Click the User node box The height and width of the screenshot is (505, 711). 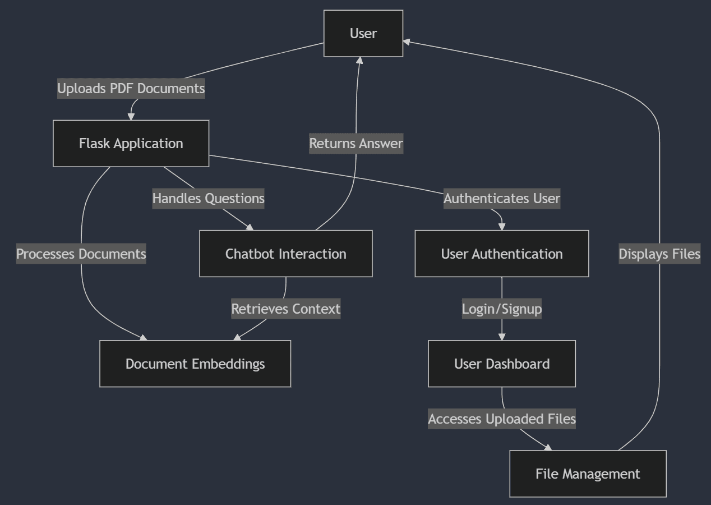[x=363, y=34]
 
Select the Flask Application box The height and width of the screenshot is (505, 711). [x=131, y=144]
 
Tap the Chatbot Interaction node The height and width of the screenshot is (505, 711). [x=285, y=254]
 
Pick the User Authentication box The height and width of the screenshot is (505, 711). [x=501, y=254]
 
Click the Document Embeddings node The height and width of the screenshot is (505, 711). [x=195, y=364]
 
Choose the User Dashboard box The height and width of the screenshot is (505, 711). [x=501, y=364]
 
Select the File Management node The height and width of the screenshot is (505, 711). [x=588, y=474]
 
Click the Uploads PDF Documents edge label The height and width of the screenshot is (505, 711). [x=131, y=89]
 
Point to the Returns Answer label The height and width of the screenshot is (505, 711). [x=356, y=144]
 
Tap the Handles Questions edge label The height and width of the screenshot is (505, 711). [x=208, y=199]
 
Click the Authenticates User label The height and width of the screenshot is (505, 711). [x=501, y=199]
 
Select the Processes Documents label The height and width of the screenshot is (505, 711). [x=81, y=254]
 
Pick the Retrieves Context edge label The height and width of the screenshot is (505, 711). [x=285, y=309]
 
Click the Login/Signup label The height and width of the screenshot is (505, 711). [x=501, y=309]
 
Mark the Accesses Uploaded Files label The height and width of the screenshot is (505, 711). [x=501, y=419]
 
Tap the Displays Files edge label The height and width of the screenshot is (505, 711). [x=659, y=254]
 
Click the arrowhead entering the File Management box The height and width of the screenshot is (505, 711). [x=548, y=448]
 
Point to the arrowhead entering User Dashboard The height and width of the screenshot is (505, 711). [x=501, y=337]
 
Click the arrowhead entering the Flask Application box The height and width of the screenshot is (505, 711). [x=131, y=116]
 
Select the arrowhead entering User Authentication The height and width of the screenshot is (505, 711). [x=501, y=227]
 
